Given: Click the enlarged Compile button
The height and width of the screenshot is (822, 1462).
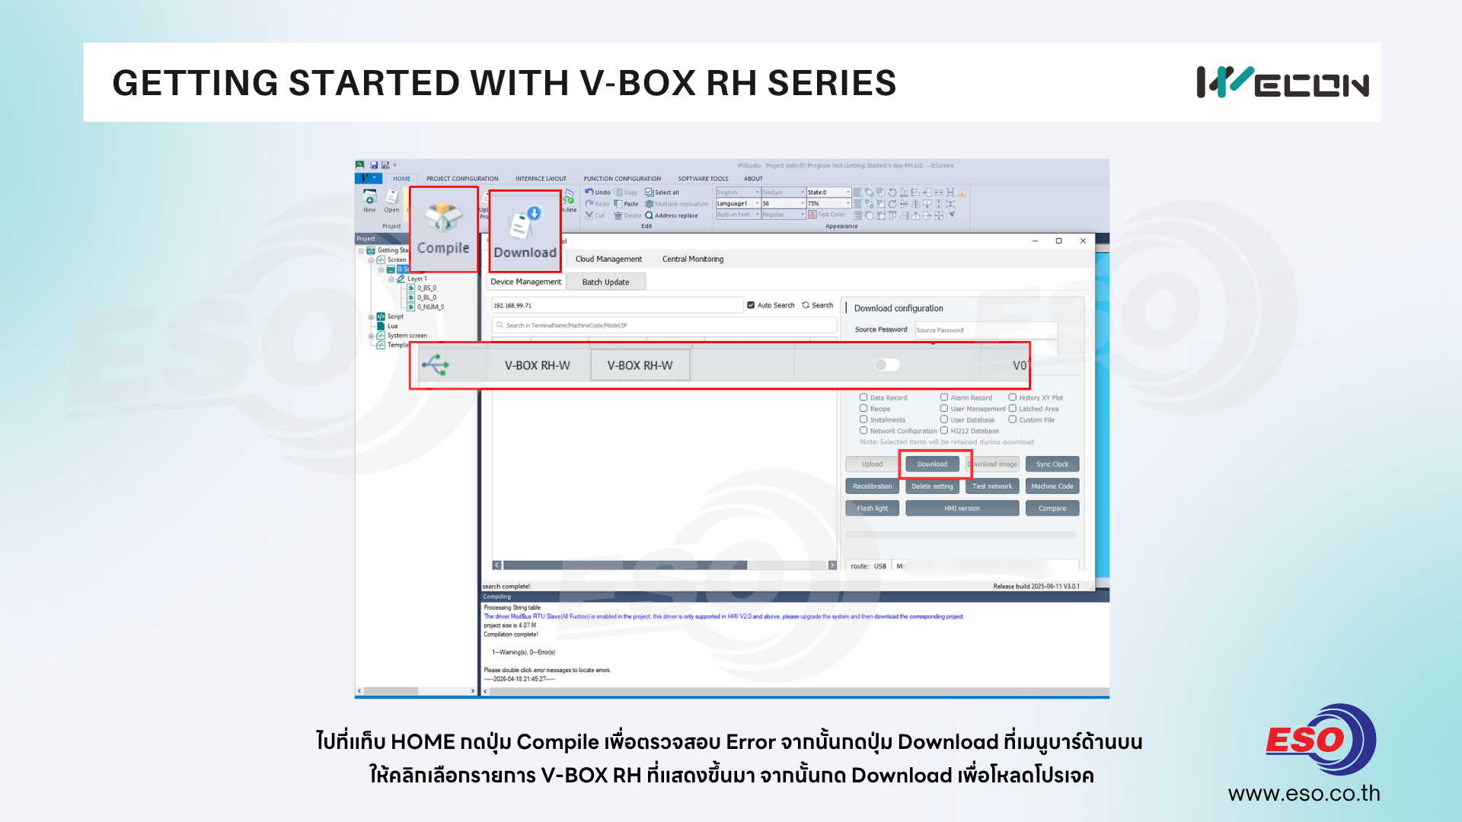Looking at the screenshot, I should tap(443, 229).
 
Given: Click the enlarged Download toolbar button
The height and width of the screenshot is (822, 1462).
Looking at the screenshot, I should tap(525, 231).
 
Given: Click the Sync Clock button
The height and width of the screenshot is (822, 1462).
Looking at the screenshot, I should tap(1052, 464).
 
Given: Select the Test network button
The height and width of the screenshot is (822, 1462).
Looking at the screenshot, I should tap(992, 486).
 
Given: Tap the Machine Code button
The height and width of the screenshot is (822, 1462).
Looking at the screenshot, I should tap(1052, 486).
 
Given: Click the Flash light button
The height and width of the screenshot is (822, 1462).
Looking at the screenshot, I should tap(872, 508).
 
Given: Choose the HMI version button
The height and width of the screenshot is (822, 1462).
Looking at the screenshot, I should tap(962, 508).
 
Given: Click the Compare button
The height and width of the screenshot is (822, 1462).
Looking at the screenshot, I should tap(1052, 508).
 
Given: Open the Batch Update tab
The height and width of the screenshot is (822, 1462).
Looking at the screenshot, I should tap(605, 282).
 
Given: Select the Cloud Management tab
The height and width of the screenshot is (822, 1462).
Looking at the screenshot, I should tap(608, 260).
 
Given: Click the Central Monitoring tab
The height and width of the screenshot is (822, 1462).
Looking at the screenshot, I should tap(693, 260).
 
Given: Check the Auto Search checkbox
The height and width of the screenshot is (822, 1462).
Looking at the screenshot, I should tap(752, 305).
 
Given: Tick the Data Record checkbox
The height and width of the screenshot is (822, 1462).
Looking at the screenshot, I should tap(864, 397).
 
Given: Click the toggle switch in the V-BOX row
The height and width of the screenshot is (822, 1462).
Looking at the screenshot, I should tap(887, 365).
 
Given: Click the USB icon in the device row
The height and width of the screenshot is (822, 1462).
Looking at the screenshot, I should tap(436, 365).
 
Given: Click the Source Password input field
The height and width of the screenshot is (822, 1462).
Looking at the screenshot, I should tap(985, 330).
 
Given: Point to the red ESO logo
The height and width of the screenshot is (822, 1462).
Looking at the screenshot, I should tap(1306, 740).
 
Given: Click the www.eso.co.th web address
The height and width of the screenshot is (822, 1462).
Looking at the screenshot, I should tap(1304, 794).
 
